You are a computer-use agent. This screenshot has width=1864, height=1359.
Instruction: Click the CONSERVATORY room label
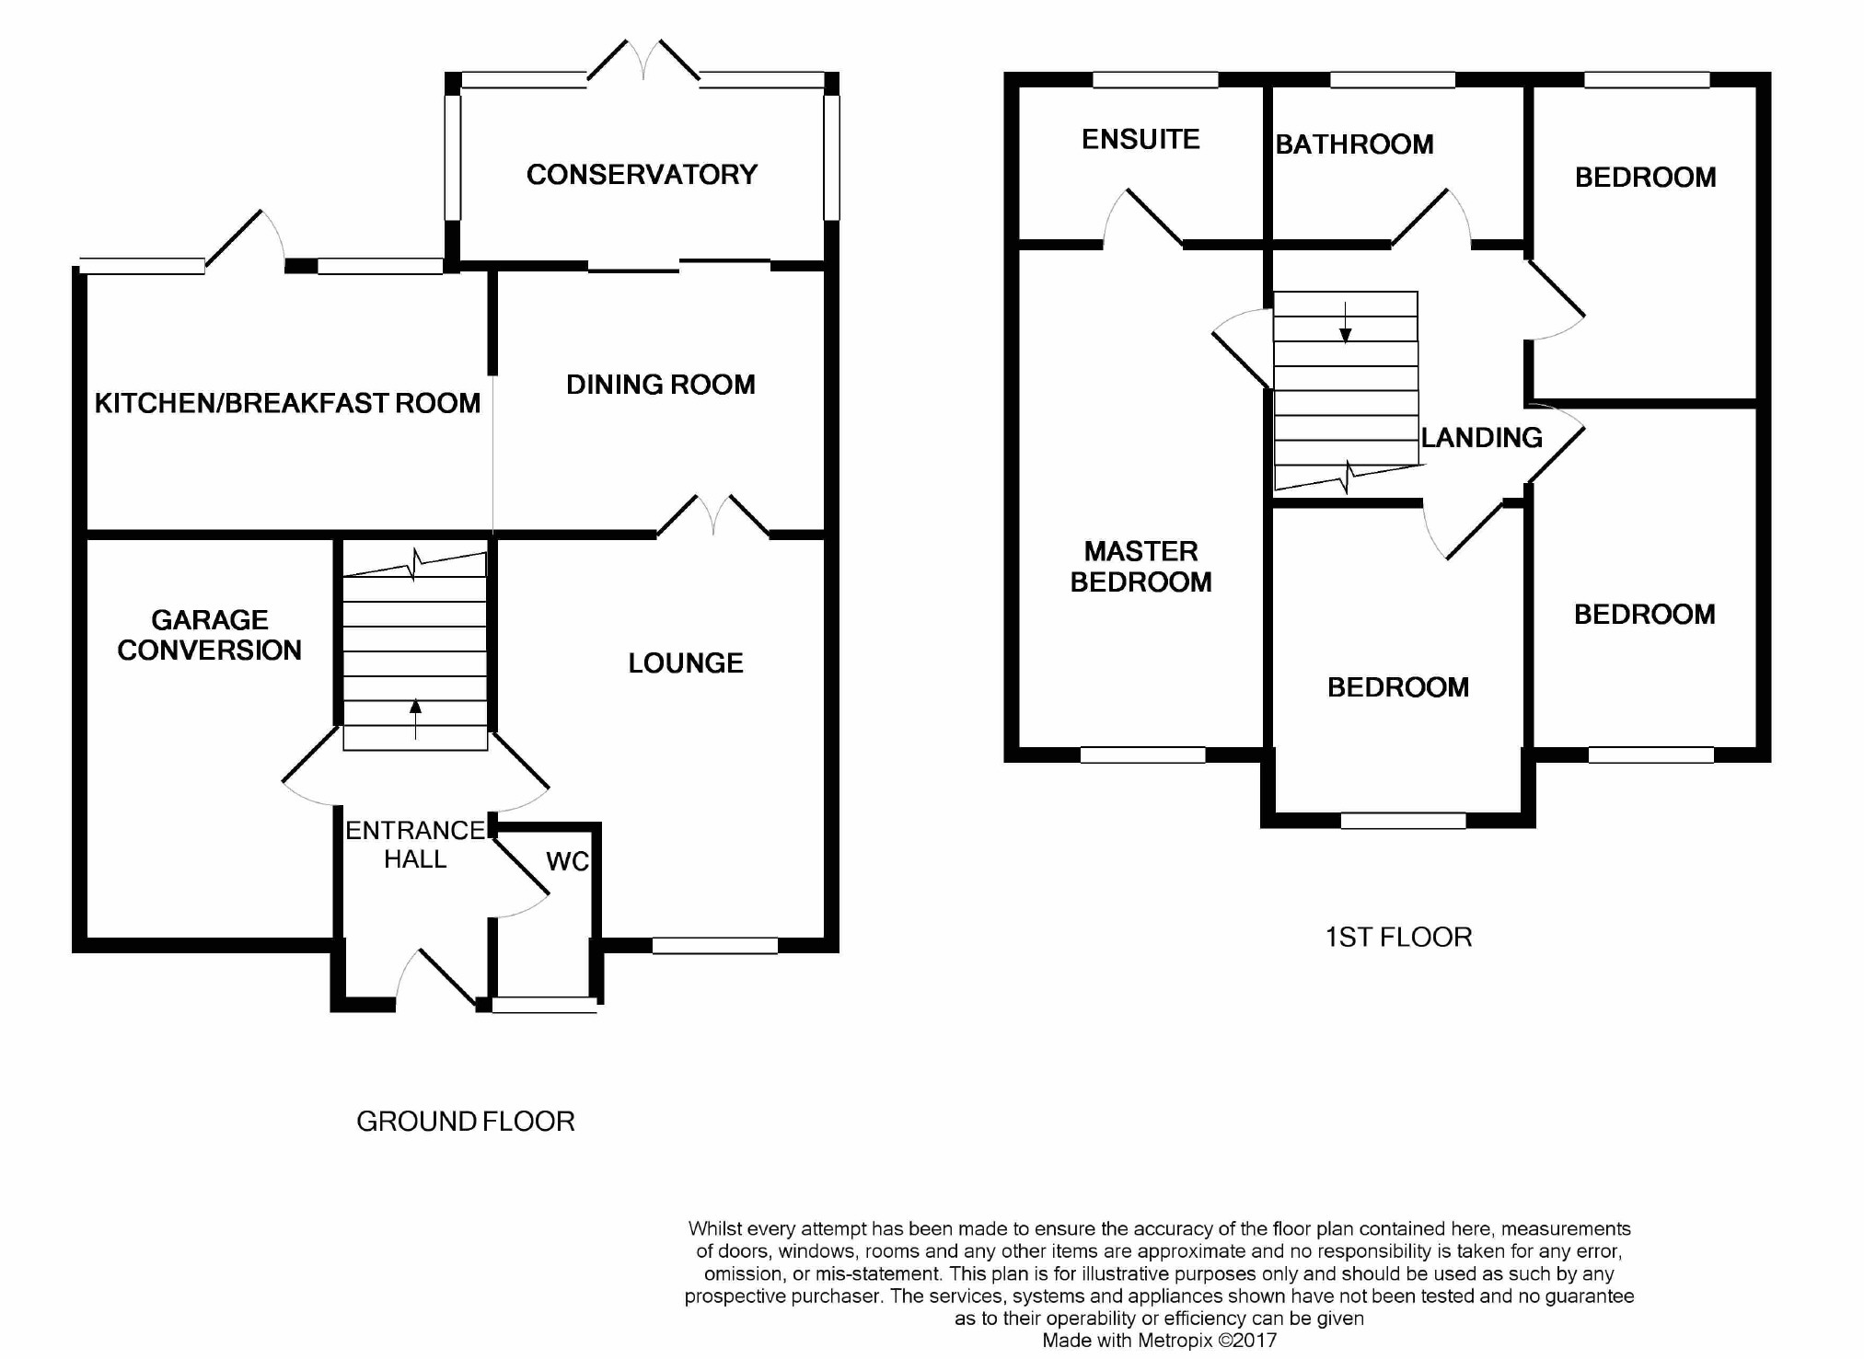click(642, 175)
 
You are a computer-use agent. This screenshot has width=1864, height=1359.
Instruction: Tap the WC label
click(567, 861)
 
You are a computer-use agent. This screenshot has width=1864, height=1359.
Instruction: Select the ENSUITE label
click(1140, 139)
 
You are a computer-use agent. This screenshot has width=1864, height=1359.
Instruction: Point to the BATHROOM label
click(1354, 144)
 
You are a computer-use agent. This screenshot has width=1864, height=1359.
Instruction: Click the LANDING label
click(1482, 437)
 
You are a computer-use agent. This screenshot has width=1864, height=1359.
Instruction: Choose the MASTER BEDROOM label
click(1140, 567)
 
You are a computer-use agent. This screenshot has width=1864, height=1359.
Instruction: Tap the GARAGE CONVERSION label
click(210, 635)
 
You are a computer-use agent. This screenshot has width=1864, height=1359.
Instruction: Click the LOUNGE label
click(686, 663)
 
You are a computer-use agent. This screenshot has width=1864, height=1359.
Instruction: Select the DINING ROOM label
click(661, 385)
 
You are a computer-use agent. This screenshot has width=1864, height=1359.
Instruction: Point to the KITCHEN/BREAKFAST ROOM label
click(287, 403)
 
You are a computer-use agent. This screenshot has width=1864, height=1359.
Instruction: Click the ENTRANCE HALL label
click(415, 845)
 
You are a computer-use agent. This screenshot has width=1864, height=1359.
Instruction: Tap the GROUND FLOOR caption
click(466, 1121)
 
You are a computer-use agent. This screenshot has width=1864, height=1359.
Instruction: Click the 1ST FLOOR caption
click(1398, 937)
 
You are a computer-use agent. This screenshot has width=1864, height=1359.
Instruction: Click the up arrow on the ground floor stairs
click(415, 720)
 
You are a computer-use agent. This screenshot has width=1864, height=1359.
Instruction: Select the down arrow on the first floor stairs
click(1346, 322)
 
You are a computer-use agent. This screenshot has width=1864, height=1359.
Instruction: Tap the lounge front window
click(715, 945)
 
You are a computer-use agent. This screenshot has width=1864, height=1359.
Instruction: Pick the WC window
click(545, 1005)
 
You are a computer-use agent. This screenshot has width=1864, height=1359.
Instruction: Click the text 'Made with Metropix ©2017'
click(1160, 1341)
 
